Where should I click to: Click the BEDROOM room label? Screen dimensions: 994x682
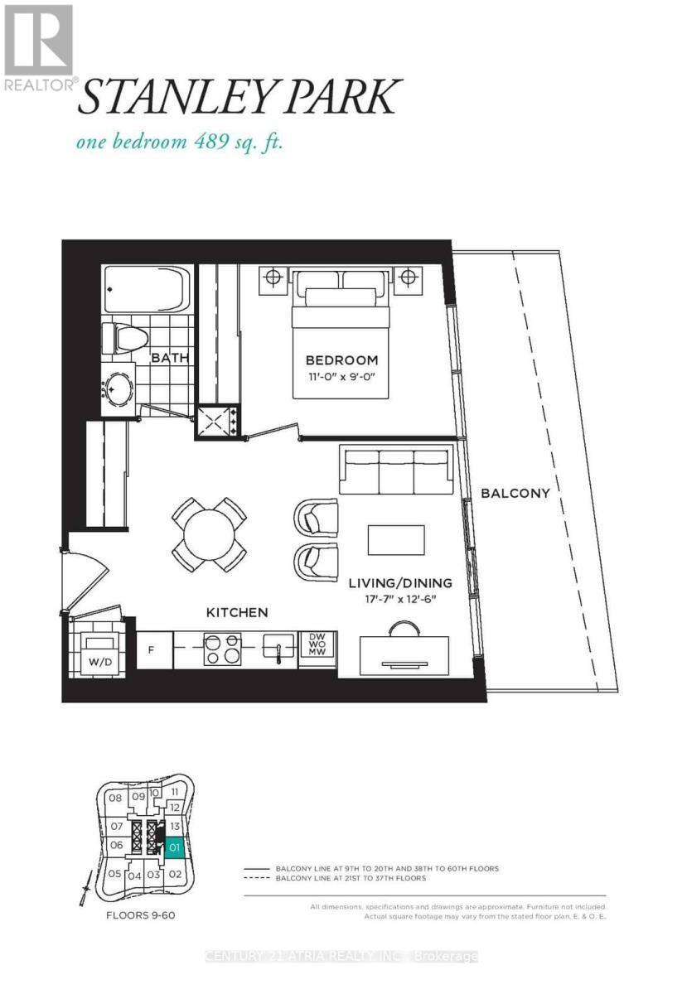pos(341,360)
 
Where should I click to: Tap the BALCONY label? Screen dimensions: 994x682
pos(515,493)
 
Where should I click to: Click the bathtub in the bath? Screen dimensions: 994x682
pos(147,289)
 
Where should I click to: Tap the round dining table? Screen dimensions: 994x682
pos(209,534)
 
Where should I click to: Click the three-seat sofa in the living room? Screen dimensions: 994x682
pos(396,470)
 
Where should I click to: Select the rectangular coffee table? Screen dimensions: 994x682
pos(396,540)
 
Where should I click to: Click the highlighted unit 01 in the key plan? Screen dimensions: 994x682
pos(174,848)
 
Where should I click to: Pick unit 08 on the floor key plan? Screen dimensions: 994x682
pos(116,799)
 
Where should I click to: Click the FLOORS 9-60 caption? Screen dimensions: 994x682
pos(139,917)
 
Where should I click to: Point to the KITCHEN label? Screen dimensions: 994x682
pos(237,612)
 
